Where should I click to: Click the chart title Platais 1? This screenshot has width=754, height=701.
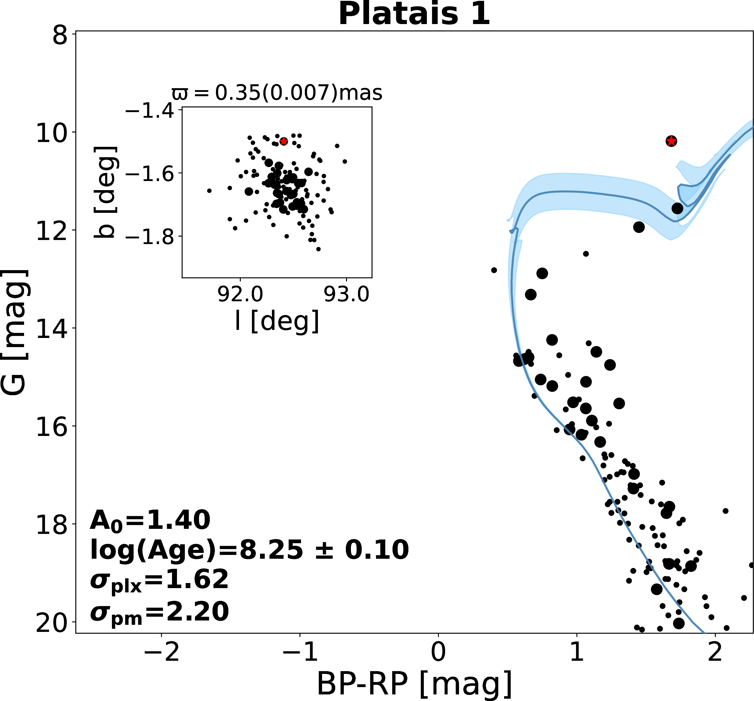414,14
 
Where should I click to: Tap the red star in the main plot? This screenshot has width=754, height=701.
671,141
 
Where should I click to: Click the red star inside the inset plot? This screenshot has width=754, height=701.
283,141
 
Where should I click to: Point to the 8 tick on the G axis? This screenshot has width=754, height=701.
60,36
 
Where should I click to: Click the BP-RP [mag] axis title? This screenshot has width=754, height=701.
414,685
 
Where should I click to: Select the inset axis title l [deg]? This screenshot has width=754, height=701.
277,321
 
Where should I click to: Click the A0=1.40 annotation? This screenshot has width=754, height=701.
150,520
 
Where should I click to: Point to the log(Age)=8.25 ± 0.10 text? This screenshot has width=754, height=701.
249,550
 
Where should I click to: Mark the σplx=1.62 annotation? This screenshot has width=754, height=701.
159,580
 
